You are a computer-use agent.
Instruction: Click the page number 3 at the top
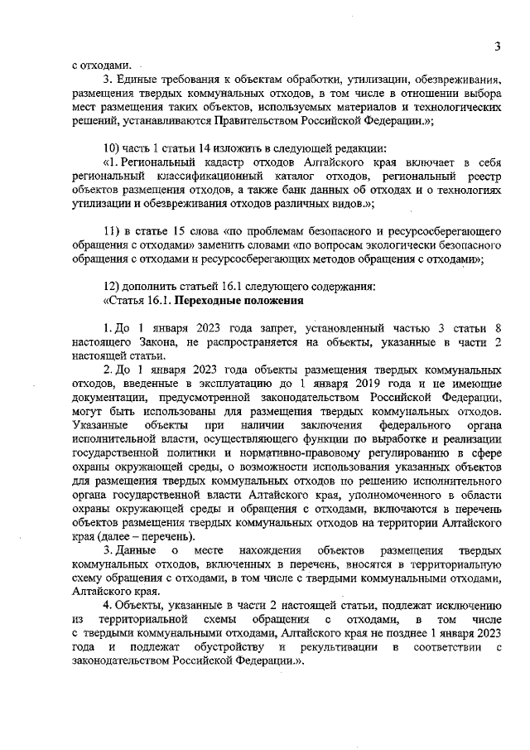click(498, 46)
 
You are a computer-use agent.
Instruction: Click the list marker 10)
click(107, 148)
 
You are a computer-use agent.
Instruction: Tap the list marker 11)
click(107, 232)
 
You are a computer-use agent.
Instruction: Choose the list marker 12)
click(107, 288)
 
